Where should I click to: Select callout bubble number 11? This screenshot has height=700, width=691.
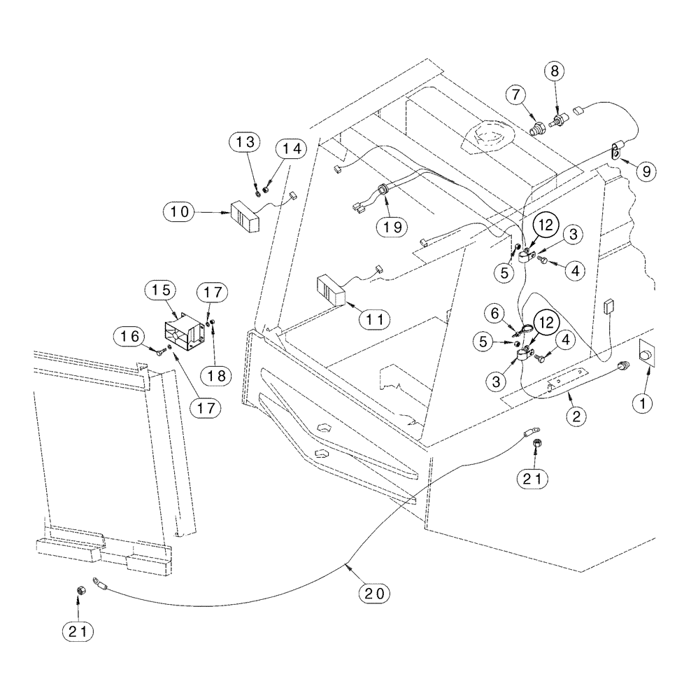click(376, 318)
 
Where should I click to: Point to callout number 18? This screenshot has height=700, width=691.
click(216, 375)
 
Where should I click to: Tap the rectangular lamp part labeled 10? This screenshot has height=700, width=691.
click(244, 216)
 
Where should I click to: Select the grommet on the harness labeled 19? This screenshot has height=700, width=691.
click(383, 189)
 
